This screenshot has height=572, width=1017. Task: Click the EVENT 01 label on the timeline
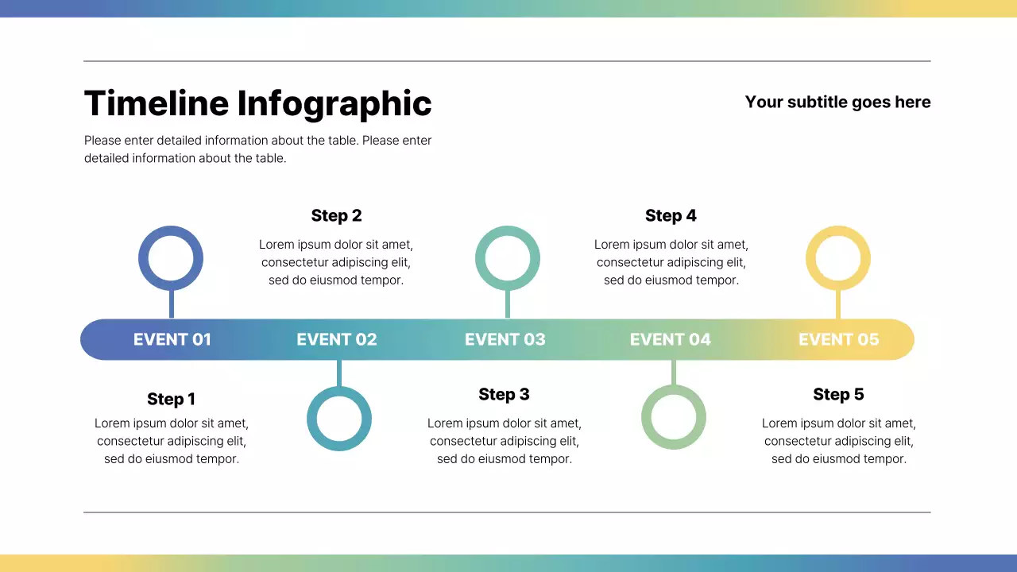[172, 339]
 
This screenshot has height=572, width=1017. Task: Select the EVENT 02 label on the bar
[337, 339]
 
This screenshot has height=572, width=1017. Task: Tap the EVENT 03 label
[505, 339]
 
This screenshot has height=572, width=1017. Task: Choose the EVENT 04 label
[671, 339]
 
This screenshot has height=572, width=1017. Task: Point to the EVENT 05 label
[839, 339]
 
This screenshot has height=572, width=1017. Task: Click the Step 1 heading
[171, 399]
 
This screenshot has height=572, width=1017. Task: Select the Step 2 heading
[336, 215]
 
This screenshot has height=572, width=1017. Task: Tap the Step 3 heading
[504, 394]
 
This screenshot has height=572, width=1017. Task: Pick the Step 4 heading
[671, 215]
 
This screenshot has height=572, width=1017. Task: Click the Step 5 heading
[838, 394]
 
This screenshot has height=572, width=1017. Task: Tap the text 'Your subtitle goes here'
[837, 102]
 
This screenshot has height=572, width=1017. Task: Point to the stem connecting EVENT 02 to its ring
[339, 373]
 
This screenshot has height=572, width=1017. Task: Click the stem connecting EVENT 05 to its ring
[838, 304]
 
